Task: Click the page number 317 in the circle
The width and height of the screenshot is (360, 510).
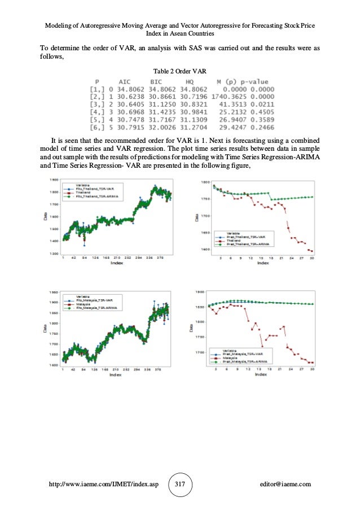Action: point(179,485)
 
